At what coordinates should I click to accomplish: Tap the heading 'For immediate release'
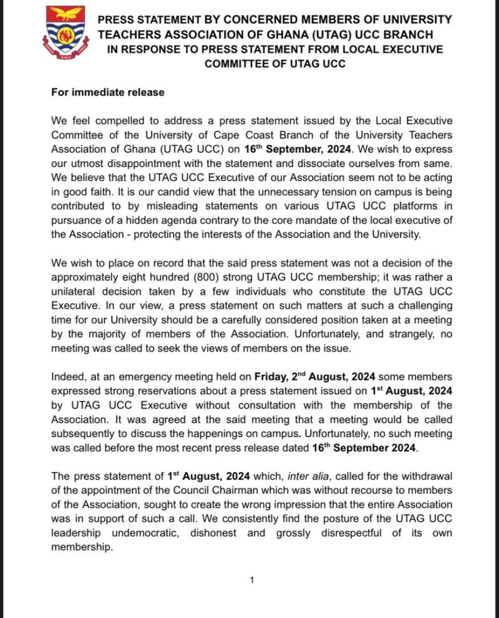coord(107,92)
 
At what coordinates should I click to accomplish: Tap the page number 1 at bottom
coord(251,581)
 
